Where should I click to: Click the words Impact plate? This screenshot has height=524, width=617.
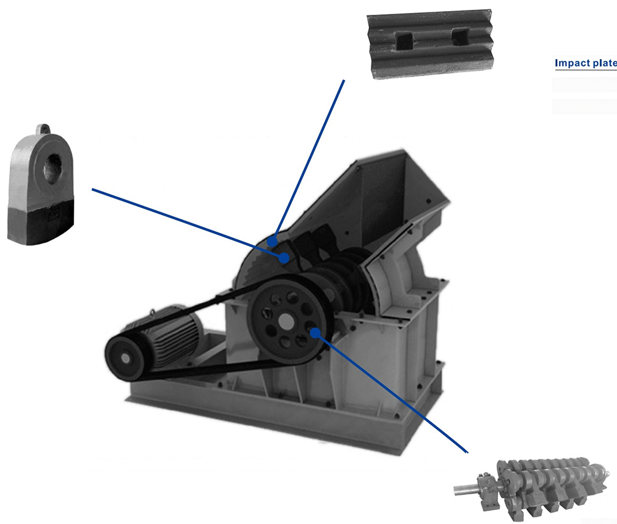pyautogui.click(x=586, y=63)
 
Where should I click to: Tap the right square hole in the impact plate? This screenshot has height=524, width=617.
pyautogui.click(x=459, y=36)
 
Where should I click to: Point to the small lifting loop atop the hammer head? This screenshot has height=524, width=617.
pyautogui.click(x=43, y=129)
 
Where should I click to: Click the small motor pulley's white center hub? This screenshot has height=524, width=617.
pyautogui.click(x=125, y=358)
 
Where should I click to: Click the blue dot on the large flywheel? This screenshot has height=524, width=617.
pyautogui.click(x=315, y=333)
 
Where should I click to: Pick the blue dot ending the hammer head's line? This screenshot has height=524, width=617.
pyautogui.click(x=284, y=258)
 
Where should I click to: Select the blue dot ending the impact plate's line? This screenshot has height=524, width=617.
pyautogui.click(x=272, y=241)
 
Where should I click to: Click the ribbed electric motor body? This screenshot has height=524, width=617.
pyautogui.click(x=173, y=334)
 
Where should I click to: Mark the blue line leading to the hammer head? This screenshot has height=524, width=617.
pyautogui.click(x=188, y=223)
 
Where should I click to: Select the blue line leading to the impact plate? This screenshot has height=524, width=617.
pyautogui.click(x=308, y=160)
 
